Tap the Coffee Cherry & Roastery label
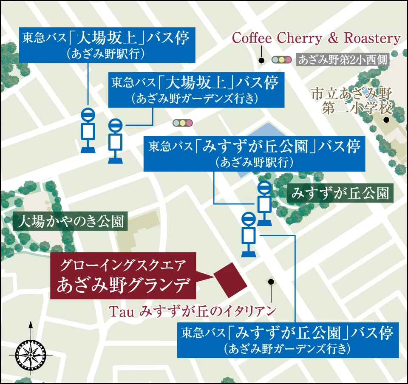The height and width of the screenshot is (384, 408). pyautogui.click(x=316, y=39)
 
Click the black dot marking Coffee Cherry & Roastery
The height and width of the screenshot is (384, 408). pyautogui.click(x=261, y=60)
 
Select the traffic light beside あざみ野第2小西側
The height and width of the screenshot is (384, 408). pyautogui.click(x=282, y=60)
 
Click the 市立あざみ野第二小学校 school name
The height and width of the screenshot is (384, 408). pyautogui.click(x=351, y=101)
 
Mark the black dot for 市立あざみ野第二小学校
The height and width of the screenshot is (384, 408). pyautogui.click(x=386, y=120)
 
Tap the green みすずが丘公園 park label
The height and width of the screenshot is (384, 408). pyautogui.click(x=340, y=194)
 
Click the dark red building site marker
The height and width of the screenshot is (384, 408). pyautogui.click(x=231, y=278)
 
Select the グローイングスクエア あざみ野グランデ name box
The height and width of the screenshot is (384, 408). pyautogui.click(x=123, y=277)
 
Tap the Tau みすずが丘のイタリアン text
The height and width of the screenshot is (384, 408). pyautogui.click(x=193, y=311)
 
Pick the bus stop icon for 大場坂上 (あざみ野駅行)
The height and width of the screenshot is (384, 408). pyautogui.click(x=88, y=130)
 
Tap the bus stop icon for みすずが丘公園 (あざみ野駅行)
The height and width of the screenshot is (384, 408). pyautogui.click(x=265, y=203)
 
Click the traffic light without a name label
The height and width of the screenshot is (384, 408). pyautogui.click(x=182, y=123)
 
